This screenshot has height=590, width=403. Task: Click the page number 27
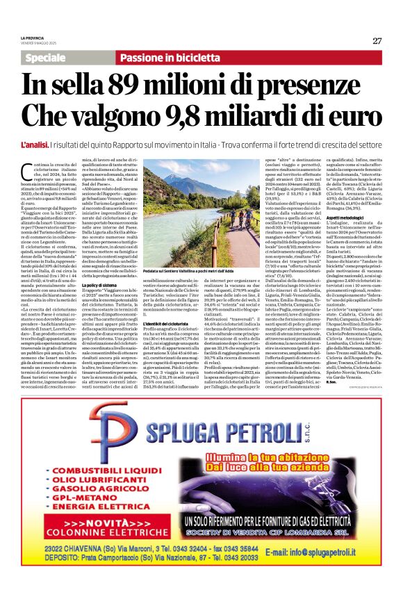click(x=377, y=40)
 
